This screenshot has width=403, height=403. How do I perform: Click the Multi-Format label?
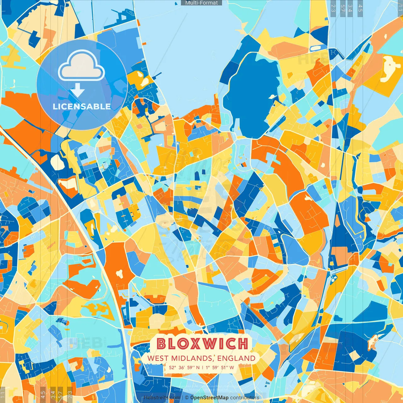201,3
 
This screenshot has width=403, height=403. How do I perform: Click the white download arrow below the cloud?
77,91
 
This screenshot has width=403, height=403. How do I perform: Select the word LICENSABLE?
82,106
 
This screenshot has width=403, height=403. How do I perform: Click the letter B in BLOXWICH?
162,344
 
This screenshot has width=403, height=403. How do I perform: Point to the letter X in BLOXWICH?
195,344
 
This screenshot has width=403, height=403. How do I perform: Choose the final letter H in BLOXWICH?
242,344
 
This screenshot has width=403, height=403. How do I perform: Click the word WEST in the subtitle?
158,358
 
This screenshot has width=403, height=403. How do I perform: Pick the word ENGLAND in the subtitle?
236,358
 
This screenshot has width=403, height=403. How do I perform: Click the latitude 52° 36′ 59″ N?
184,367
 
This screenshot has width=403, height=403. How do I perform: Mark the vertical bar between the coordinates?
203,367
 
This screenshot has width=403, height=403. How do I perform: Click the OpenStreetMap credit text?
209,398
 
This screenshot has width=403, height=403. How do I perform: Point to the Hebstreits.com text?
162,398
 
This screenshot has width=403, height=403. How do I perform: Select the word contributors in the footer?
245,398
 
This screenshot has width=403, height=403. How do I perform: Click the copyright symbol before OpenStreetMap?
187,398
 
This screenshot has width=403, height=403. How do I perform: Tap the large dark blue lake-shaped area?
252,94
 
